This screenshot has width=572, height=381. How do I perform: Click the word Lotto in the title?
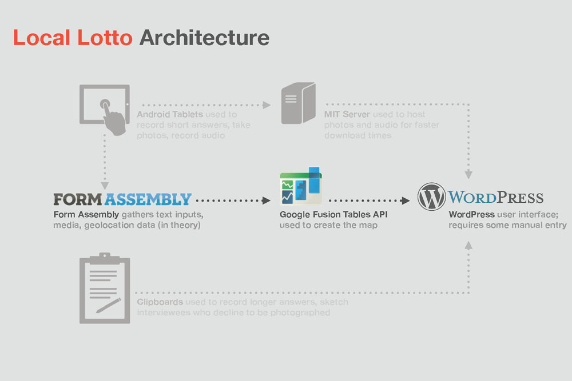point(105,38)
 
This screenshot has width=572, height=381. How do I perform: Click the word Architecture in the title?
point(204,38)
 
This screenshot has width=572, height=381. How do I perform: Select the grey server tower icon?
point(299,103)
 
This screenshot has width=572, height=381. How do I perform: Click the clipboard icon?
point(105,288)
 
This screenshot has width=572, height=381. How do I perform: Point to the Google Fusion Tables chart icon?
point(301,186)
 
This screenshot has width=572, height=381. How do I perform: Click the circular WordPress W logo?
point(431,196)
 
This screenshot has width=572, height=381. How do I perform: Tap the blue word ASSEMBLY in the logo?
point(148,199)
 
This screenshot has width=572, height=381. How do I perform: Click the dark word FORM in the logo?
point(78,199)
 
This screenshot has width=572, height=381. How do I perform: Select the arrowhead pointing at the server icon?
point(267,105)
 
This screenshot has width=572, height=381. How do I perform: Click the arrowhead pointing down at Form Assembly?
point(105,186)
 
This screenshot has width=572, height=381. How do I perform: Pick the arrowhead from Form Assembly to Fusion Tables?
point(267,200)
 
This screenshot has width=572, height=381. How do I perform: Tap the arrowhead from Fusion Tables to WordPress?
point(406,200)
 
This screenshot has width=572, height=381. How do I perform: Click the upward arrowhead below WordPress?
point(469,245)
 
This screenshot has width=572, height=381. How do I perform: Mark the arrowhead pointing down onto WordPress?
point(469,174)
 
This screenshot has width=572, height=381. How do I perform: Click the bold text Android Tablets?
point(170,114)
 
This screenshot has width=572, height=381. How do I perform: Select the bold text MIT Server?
point(347,114)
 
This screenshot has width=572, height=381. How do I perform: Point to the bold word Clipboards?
point(160,302)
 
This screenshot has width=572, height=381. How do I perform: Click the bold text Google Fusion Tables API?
point(333,215)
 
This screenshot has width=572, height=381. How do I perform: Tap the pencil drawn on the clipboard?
point(108,306)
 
